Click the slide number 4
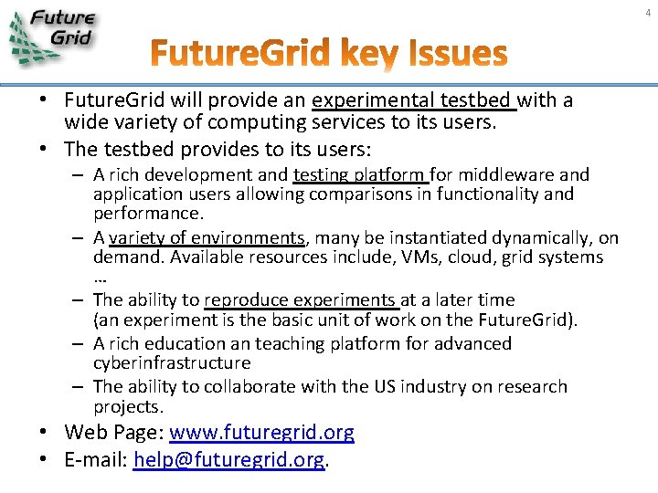[647, 12]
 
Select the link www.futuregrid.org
[261, 433]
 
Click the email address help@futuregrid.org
[228, 460]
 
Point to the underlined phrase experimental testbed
[414, 100]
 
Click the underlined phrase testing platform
[360, 173]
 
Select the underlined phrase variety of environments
[206, 237]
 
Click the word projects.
[128, 406]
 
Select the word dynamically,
[546, 237]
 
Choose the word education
[187, 343]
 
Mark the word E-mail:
[95, 460]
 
